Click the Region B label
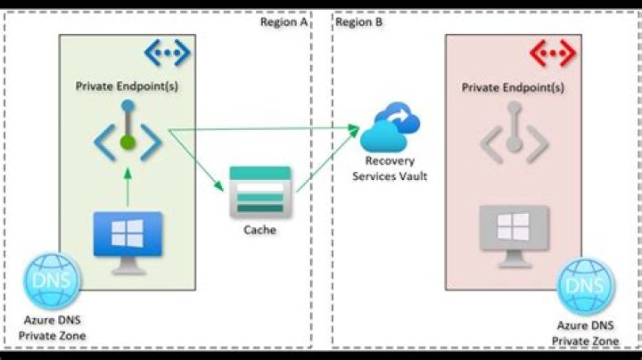click(x=358, y=21)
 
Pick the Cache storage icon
click(x=259, y=191)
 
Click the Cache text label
click(x=259, y=230)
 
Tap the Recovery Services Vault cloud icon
click(x=391, y=128)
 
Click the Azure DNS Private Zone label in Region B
click(x=586, y=334)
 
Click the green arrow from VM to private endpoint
click(x=128, y=187)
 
